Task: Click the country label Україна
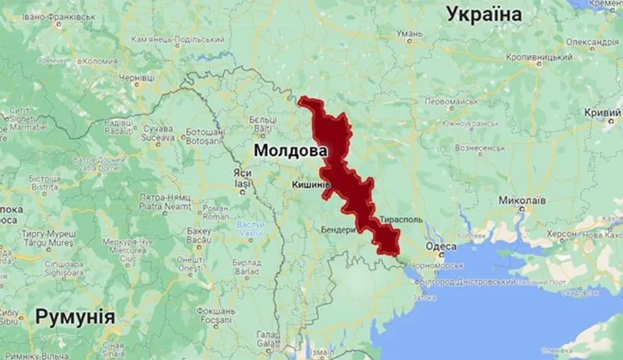[x=484, y=14]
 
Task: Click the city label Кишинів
[x=311, y=185]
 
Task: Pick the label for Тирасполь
[x=401, y=221]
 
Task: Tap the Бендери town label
[x=339, y=229]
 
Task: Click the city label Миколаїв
[x=523, y=201]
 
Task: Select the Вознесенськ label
[x=481, y=148]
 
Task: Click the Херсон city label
[x=557, y=234]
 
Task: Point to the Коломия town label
[x=98, y=60]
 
